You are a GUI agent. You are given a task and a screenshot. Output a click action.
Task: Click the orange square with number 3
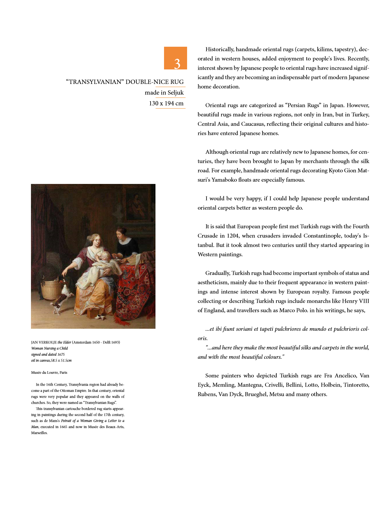pos(175,58)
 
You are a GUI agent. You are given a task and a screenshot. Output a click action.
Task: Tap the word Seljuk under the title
pos(175,92)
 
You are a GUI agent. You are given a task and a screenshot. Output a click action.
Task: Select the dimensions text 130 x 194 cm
pos(166,103)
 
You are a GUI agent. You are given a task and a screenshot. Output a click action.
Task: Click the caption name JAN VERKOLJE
pos(44,342)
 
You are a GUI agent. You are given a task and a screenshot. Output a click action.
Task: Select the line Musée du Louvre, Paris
pos(49,372)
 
